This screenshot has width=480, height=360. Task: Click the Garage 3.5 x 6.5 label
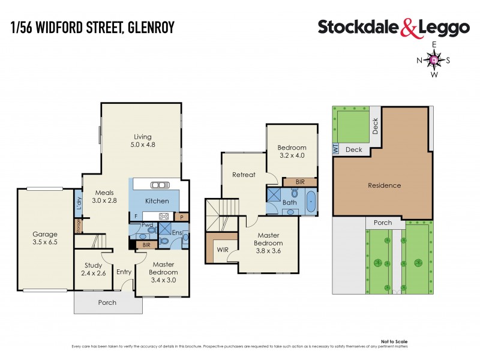(x=45, y=238)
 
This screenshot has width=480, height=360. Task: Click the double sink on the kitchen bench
(x=160, y=185)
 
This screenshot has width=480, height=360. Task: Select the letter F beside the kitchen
(x=136, y=216)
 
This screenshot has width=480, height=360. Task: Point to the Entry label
(x=124, y=272)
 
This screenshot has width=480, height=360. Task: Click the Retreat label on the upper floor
(x=244, y=175)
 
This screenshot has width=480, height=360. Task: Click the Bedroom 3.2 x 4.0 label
(x=292, y=152)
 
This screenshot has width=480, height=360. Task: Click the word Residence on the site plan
(x=384, y=185)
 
